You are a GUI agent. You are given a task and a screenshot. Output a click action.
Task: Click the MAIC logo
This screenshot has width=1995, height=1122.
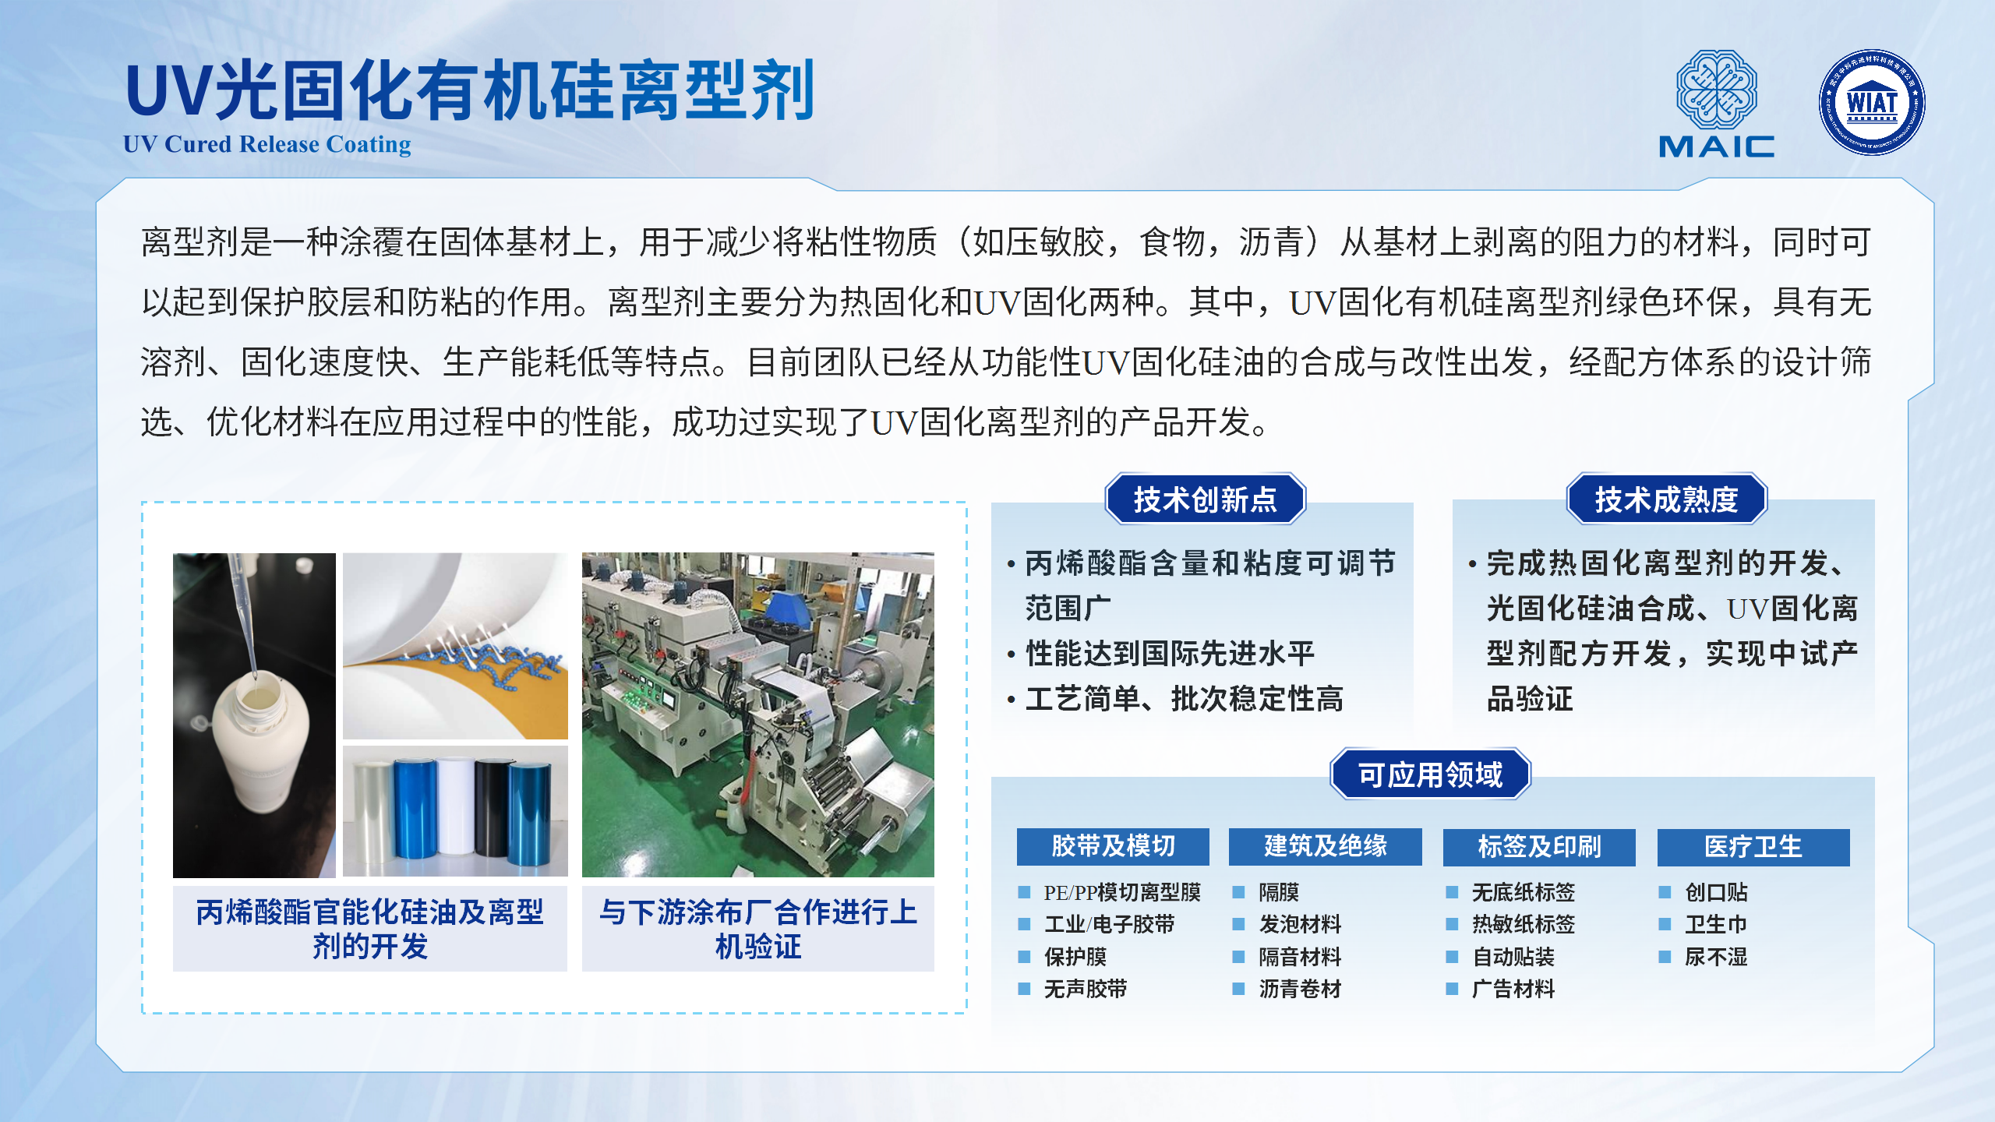click(1716, 104)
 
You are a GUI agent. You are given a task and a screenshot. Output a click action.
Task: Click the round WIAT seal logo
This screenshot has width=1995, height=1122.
click(1872, 102)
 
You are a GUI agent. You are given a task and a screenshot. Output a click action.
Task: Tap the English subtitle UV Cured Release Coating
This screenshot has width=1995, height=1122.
click(267, 144)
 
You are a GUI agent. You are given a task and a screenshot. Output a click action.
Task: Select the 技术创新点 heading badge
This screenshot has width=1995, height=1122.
click(1205, 499)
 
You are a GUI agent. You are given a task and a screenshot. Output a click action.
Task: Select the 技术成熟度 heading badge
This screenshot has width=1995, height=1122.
click(1667, 499)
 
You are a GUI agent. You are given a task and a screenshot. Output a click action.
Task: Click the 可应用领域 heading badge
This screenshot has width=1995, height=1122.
click(1430, 774)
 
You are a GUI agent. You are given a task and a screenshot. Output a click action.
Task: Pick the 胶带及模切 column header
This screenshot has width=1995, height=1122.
click(1113, 846)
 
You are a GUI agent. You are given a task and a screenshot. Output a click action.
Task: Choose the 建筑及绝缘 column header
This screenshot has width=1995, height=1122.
click(1325, 846)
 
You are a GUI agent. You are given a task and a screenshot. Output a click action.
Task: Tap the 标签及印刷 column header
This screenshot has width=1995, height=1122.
click(1539, 846)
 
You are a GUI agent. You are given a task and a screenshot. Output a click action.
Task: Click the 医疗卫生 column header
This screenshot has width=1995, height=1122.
click(1753, 846)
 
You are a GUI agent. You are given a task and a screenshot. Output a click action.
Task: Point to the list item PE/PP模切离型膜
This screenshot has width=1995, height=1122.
click(1122, 892)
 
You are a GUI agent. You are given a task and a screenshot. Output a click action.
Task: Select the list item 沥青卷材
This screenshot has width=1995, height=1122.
click(1300, 989)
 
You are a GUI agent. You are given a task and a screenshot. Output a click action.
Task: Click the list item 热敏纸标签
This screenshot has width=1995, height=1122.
click(1524, 924)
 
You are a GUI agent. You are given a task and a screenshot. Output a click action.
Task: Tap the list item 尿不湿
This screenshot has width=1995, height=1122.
click(1716, 957)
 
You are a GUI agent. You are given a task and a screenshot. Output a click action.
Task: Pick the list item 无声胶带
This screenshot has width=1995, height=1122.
click(1086, 989)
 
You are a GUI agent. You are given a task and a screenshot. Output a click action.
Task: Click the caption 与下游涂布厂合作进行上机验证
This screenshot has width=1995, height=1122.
click(758, 929)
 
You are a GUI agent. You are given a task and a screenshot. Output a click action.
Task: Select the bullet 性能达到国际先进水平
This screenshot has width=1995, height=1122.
click(1171, 653)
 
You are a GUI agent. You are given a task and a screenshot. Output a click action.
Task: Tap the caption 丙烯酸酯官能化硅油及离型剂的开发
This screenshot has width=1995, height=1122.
click(370, 929)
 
